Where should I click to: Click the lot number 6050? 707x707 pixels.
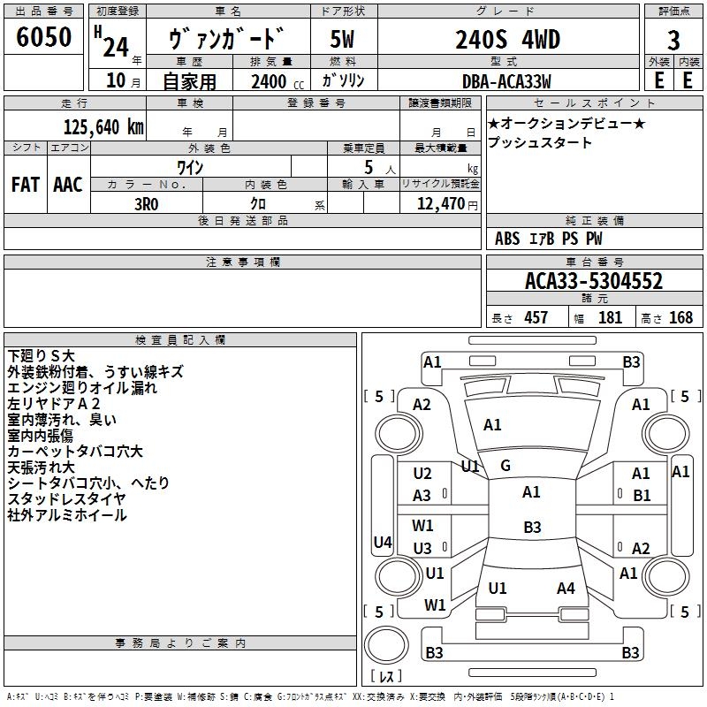click(44, 38)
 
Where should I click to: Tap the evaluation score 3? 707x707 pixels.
click(673, 40)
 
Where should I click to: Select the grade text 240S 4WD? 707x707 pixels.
click(508, 40)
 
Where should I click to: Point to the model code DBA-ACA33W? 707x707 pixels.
click(507, 81)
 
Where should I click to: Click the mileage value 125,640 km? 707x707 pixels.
click(103, 126)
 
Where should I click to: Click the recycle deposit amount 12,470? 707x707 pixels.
click(440, 203)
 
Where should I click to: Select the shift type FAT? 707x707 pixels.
click(26, 185)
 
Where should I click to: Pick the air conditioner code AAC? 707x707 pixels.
click(68, 185)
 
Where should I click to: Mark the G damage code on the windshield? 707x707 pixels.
click(506, 466)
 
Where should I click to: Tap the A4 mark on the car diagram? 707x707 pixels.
click(566, 588)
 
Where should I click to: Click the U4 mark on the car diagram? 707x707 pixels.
click(383, 543)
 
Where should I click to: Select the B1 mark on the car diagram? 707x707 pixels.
click(641, 496)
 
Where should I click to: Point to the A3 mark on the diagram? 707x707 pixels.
click(422, 496)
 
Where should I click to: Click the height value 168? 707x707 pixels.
click(680, 317)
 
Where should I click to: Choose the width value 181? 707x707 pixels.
click(611, 317)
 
